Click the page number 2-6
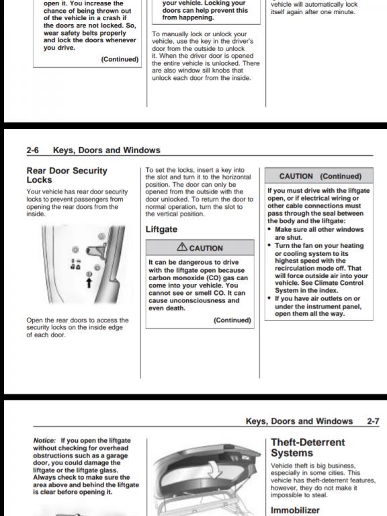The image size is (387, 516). point(32,150)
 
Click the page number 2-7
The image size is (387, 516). point(373,421)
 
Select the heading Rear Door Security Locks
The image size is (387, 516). point(67,175)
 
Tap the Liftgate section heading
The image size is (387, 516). point(161,229)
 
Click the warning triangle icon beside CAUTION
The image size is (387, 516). point(182,247)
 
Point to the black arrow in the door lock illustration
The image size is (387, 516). point(89,282)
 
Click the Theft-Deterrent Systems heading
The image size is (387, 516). point(308,447)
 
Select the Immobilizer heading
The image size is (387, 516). point(295,510)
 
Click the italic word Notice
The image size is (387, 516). point(44,440)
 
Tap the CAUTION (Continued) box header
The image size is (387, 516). point(319,176)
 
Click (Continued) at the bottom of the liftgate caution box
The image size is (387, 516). point(232,320)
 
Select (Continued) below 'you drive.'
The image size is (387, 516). point(120,59)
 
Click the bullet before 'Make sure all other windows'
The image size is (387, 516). point(269,229)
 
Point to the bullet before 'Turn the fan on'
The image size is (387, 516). point(269,245)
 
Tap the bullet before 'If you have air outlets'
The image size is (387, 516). point(269,298)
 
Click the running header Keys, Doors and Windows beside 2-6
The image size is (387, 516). point(107,150)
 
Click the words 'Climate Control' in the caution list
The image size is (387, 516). point(333,283)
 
